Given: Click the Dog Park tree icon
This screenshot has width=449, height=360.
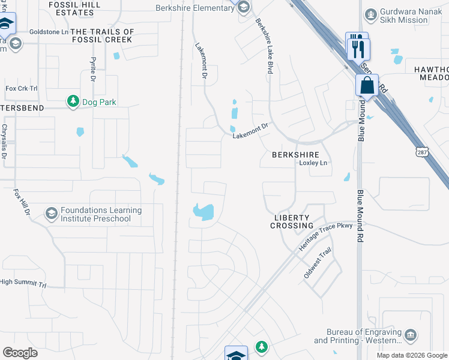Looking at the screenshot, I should click(x=73, y=101).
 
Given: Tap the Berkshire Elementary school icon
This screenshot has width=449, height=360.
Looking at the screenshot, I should click(x=243, y=8).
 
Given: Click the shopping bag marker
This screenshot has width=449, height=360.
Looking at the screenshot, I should click(x=367, y=86).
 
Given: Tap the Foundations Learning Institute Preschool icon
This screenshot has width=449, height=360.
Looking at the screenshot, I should click(x=52, y=214).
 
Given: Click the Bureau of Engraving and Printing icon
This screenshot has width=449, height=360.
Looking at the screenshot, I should click(x=411, y=334).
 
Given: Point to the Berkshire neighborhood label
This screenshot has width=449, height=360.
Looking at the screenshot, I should click(x=295, y=154).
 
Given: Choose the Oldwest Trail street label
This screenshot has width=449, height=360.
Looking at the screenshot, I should click(x=318, y=264).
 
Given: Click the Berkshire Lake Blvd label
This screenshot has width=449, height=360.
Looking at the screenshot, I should click(x=265, y=46).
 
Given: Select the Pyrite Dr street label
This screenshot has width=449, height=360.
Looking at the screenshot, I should click(x=94, y=70).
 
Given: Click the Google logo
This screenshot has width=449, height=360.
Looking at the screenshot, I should click(x=20, y=352).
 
